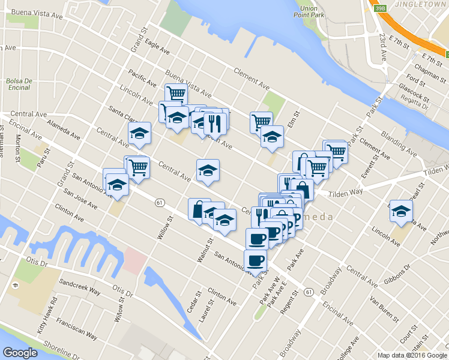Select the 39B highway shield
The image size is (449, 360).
(379, 8)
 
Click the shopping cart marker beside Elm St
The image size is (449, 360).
(261, 122)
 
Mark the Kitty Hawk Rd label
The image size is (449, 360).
(49, 317)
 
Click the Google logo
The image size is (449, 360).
(20, 353)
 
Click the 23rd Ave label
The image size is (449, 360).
(383, 47)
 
